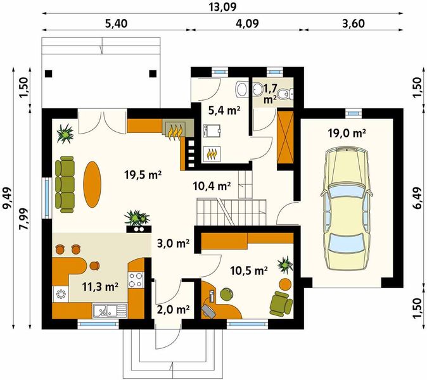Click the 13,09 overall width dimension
pos(222,7)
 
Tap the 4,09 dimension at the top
pos(247,23)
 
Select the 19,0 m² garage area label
pos(347,133)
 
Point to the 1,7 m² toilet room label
pos(270,94)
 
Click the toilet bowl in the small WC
pos(287,94)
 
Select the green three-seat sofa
pos(65,184)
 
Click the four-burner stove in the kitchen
pos(136,280)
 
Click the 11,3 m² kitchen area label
pos(100,287)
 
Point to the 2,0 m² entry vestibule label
pos(173,310)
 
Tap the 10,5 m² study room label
pos(249,270)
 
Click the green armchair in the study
pos(281,304)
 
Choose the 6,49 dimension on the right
pos(419,198)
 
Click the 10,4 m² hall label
pos(212,186)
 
